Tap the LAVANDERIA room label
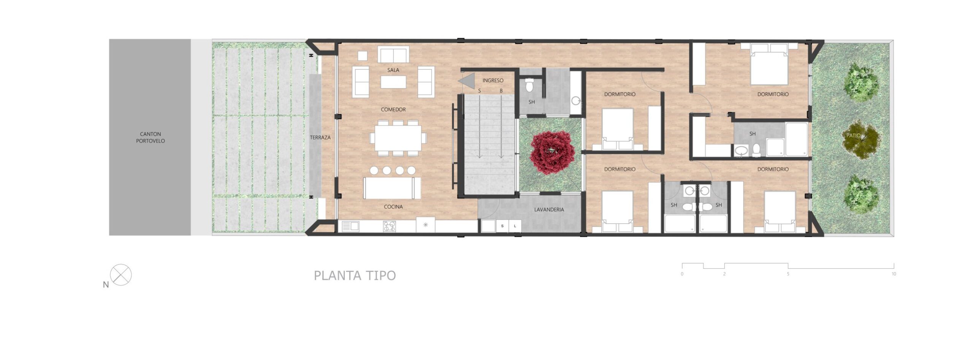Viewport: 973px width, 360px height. coord(549,209)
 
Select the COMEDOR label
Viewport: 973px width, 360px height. coord(393,109)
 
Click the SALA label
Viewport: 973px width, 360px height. coord(393,70)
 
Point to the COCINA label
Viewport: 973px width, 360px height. coord(393,207)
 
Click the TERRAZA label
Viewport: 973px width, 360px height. coord(320,138)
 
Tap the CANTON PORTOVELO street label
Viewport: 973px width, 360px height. coord(151,137)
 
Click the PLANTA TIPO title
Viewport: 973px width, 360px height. coord(355,275)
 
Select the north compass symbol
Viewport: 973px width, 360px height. coord(121,275)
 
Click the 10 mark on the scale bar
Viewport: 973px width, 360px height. coord(894,274)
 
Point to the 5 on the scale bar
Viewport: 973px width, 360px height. coord(788,274)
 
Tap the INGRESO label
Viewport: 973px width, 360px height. coord(493,81)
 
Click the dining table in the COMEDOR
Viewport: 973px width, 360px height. coord(398,138)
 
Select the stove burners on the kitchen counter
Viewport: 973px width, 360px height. coord(389,227)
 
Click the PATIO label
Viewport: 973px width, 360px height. coord(853,136)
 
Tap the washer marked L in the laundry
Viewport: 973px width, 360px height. coord(515,226)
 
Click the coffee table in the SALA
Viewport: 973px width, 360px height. coord(393,82)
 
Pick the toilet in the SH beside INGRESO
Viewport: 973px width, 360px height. coord(529,86)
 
